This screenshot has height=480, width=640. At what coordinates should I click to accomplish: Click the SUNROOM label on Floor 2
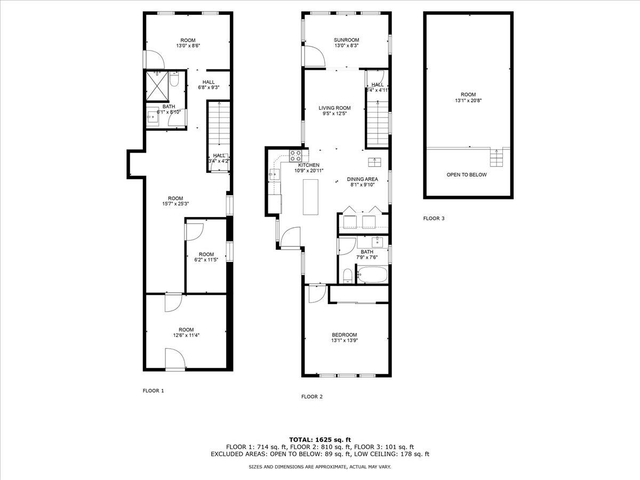[x=346, y=40]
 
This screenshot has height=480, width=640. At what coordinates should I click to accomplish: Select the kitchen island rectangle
[x=310, y=197]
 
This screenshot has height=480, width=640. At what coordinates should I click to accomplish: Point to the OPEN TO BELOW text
[x=467, y=174]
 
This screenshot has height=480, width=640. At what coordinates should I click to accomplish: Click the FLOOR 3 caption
[x=434, y=218]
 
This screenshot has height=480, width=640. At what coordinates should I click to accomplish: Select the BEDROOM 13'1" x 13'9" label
[x=345, y=338]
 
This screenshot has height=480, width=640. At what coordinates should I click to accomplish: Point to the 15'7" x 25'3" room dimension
[x=176, y=203]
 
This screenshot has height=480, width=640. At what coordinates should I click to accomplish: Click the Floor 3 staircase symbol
[x=497, y=158]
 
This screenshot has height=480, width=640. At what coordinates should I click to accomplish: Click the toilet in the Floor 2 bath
[x=347, y=275]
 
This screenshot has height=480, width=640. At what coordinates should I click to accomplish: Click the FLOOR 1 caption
[x=153, y=391]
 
